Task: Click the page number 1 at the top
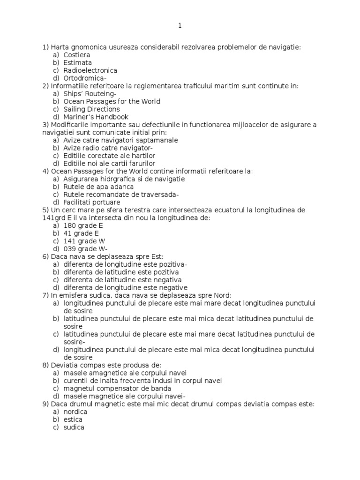(180, 26)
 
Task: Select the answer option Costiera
(77, 55)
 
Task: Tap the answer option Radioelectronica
(90, 70)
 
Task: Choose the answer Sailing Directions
(91, 109)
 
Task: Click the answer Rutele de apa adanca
(98, 187)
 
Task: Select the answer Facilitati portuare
(92, 202)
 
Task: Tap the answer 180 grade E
(83, 225)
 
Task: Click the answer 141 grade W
(84, 241)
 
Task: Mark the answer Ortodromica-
(85, 78)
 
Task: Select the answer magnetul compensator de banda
(117, 388)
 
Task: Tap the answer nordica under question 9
(75, 412)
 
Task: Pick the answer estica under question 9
(73, 419)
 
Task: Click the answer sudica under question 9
(74, 427)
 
